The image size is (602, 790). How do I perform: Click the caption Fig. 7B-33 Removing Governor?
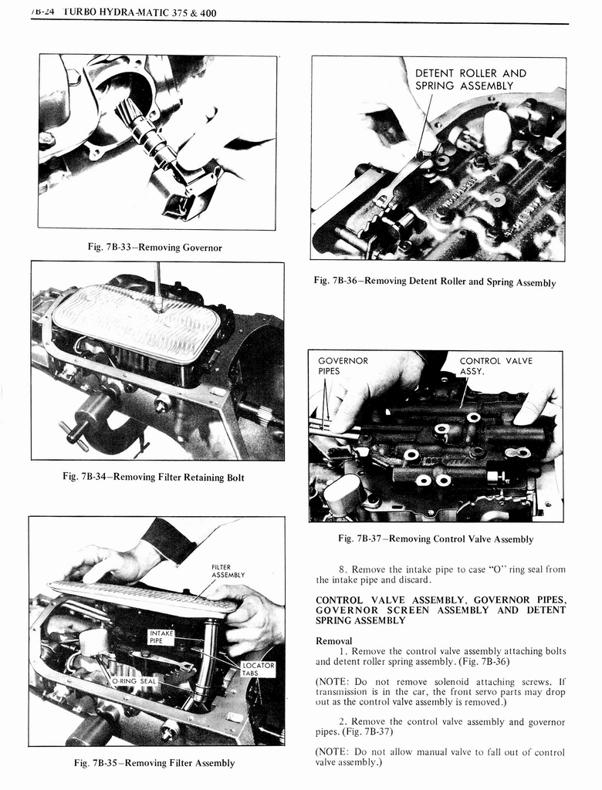[x=154, y=247]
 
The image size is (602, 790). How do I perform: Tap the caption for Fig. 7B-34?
[x=153, y=478]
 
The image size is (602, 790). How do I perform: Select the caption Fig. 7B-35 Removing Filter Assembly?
[x=154, y=763]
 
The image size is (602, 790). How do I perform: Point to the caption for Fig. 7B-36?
[x=435, y=282]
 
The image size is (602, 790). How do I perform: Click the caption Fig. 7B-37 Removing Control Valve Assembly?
[x=435, y=538]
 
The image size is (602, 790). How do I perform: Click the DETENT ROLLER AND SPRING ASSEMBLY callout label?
[x=470, y=79]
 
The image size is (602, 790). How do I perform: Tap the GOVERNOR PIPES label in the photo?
[x=343, y=366]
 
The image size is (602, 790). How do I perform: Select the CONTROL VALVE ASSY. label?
[x=495, y=366]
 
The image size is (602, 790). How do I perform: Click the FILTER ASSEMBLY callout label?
[x=228, y=571]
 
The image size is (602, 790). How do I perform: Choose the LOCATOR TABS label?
[x=258, y=668]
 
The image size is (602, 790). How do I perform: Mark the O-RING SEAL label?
[x=134, y=681]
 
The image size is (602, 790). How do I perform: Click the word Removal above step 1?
[x=333, y=640]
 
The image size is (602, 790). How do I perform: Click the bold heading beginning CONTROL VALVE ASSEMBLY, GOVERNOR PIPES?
[x=441, y=609]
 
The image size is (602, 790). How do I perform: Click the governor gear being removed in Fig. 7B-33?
[x=135, y=123]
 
